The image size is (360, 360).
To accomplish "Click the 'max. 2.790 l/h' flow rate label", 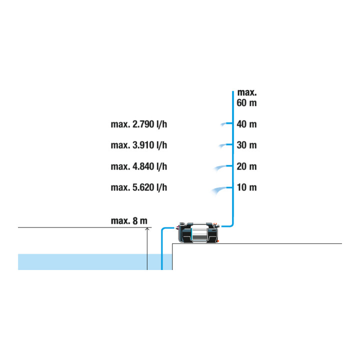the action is click(139, 124).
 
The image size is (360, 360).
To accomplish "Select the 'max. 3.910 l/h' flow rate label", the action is click(139, 145).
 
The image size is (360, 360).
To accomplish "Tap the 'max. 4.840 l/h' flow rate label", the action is click(139, 166).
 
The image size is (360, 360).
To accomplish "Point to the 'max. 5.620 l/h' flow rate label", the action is click(139, 187).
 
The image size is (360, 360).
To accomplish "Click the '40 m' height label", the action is click(246, 124).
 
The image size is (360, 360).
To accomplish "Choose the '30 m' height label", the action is click(246, 145).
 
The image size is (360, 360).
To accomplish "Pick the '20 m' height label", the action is click(246, 166).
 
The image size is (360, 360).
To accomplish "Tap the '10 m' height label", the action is click(246, 187).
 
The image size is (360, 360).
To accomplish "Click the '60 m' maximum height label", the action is click(246, 102).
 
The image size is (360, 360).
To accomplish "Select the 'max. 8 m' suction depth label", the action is click(129, 221).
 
